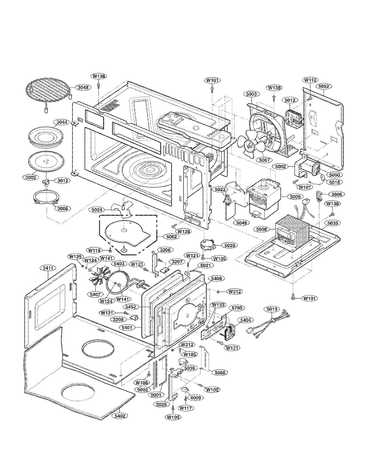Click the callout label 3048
83,88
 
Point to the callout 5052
324,86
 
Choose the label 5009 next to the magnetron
295,197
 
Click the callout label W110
310,80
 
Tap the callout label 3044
61,122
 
